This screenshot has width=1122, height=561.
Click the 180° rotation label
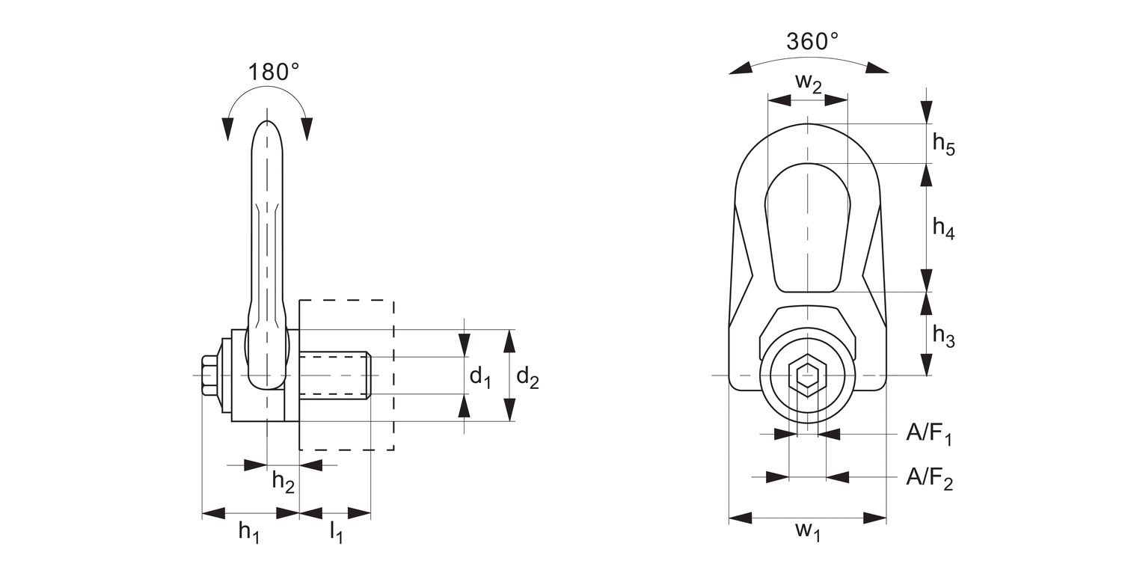coord(274,73)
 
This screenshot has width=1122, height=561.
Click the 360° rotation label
coord(812,41)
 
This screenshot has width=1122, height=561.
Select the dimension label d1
coord(480,378)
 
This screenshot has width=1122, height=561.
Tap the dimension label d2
coord(527,378)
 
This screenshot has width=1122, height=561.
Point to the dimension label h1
coord(249,531)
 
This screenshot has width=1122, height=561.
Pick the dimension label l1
coord(337,533)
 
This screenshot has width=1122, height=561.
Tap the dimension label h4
coord(943,228)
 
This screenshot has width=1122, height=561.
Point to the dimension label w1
coord(808,533)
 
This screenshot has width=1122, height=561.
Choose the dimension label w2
coord(808,82)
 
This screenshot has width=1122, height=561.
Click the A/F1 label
coord(929,434)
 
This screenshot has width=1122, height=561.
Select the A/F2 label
coord(929,477)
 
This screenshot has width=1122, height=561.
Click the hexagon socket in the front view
coord(807,375)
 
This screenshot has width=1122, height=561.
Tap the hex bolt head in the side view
coord(209,375)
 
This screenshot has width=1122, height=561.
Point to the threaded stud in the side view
coord(334,375)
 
